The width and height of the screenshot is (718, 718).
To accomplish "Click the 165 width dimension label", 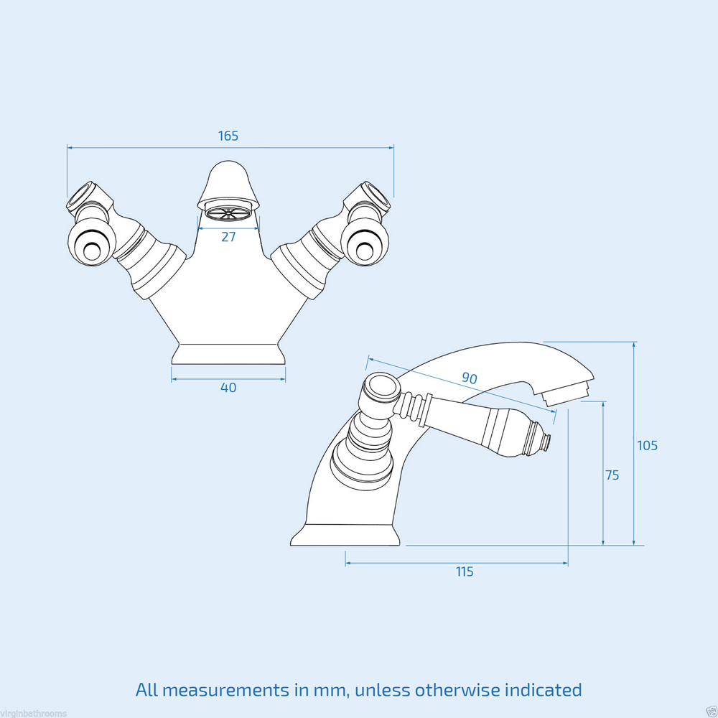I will pos(228,136).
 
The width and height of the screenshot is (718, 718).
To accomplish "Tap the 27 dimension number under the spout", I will pos(228,237).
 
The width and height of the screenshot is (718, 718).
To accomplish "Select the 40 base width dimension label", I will pos(228,388).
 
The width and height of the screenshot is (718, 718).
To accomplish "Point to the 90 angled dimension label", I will pos(470,378).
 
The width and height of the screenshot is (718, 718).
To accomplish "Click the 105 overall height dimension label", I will pos(647,445).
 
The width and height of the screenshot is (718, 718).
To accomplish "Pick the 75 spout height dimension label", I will pos(612,475).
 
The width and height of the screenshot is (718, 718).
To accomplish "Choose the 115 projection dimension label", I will pos(465,572).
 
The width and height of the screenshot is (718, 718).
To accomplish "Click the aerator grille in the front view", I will pos(228,213).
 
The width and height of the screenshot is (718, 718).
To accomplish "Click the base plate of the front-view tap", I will pos(228,355).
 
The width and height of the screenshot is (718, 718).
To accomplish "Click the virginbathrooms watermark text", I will pos(34,713).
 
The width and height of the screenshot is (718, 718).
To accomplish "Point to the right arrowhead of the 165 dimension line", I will pos(391,147).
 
